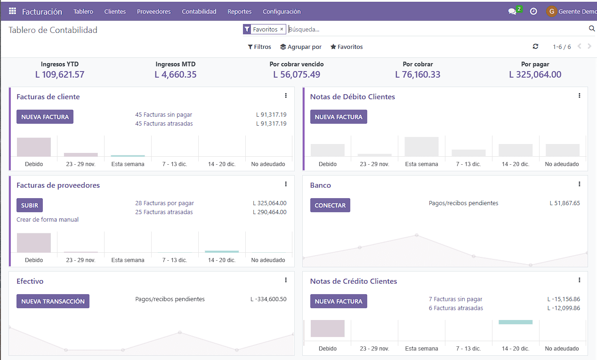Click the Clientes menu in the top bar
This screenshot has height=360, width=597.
(x=115, y=11)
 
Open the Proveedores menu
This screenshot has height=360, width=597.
(x=153, y=11)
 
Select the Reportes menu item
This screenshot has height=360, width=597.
(x=239, y=11)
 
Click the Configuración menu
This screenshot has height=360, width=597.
(x=282, y=11)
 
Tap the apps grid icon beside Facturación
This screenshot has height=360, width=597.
(x=12, y=11)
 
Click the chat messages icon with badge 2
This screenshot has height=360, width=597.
(x=512, y=11)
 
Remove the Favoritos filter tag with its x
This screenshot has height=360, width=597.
(x=282, y=29)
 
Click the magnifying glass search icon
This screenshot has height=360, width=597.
(x=592, y=29)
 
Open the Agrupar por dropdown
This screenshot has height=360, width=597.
(x=301, y=47)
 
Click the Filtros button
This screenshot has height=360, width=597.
(x=259, y=47)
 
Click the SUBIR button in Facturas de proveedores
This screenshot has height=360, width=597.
(x=30, y=205)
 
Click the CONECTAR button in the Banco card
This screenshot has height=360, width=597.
(x=330, y=205)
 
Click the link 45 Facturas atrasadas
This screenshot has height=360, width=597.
(x=164, y=124)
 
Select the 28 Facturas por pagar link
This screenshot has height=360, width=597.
(x=164, y=203)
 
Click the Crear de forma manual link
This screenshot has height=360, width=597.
(x=48, y=220)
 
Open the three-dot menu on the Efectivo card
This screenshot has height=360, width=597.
(x=286, y=280)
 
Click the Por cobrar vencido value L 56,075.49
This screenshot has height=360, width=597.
(x=297, y=74)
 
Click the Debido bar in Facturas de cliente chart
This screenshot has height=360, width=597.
(x=34, y=147)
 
